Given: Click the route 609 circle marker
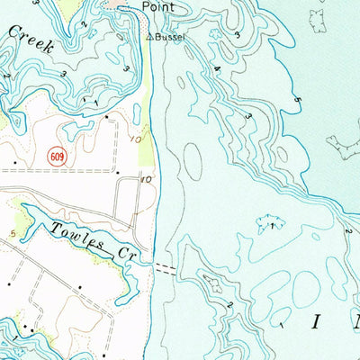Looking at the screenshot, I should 58,157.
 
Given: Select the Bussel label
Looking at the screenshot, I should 168,38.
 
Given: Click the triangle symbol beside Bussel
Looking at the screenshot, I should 150,38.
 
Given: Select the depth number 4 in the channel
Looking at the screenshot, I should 217,68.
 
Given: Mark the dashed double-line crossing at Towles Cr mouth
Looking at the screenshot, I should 166,267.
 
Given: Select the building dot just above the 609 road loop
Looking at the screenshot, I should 107,117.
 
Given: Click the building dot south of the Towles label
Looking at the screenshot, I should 78,286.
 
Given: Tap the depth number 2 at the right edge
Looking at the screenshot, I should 346,231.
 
